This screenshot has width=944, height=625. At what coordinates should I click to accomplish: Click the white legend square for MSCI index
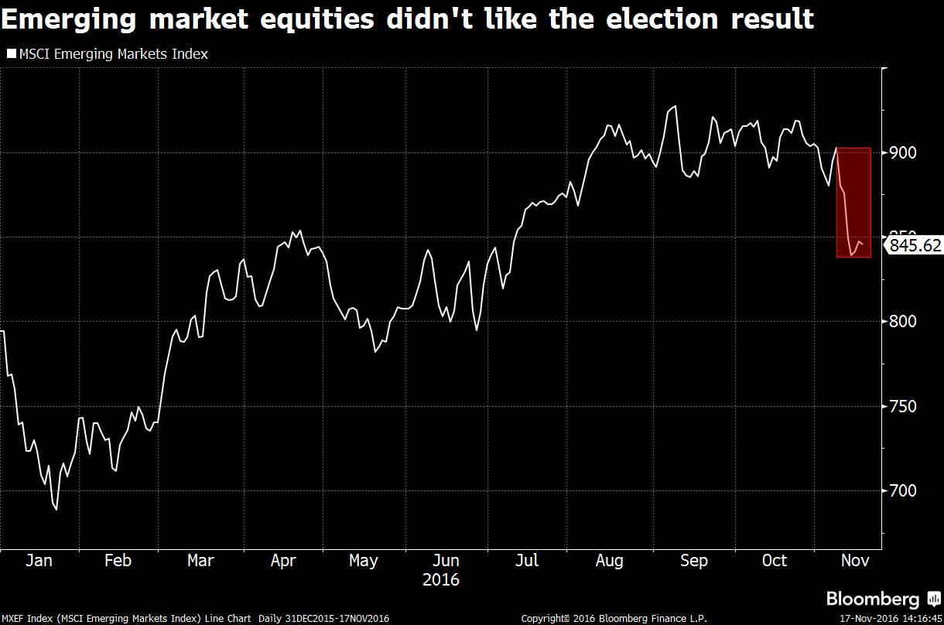(11, 54)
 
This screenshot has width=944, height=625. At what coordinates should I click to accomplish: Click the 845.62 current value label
(915, 246)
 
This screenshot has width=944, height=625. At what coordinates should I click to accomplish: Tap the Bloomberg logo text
(873, 599)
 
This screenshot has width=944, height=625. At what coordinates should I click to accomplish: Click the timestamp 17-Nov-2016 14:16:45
(890, 619)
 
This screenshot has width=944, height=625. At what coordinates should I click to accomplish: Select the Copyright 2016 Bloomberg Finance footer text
(614, 619)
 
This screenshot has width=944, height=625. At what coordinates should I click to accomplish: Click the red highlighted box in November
(854, 203)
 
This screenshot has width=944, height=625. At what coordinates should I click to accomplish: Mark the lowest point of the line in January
(56, 510)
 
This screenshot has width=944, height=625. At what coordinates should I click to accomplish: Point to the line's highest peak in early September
(676, 107)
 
